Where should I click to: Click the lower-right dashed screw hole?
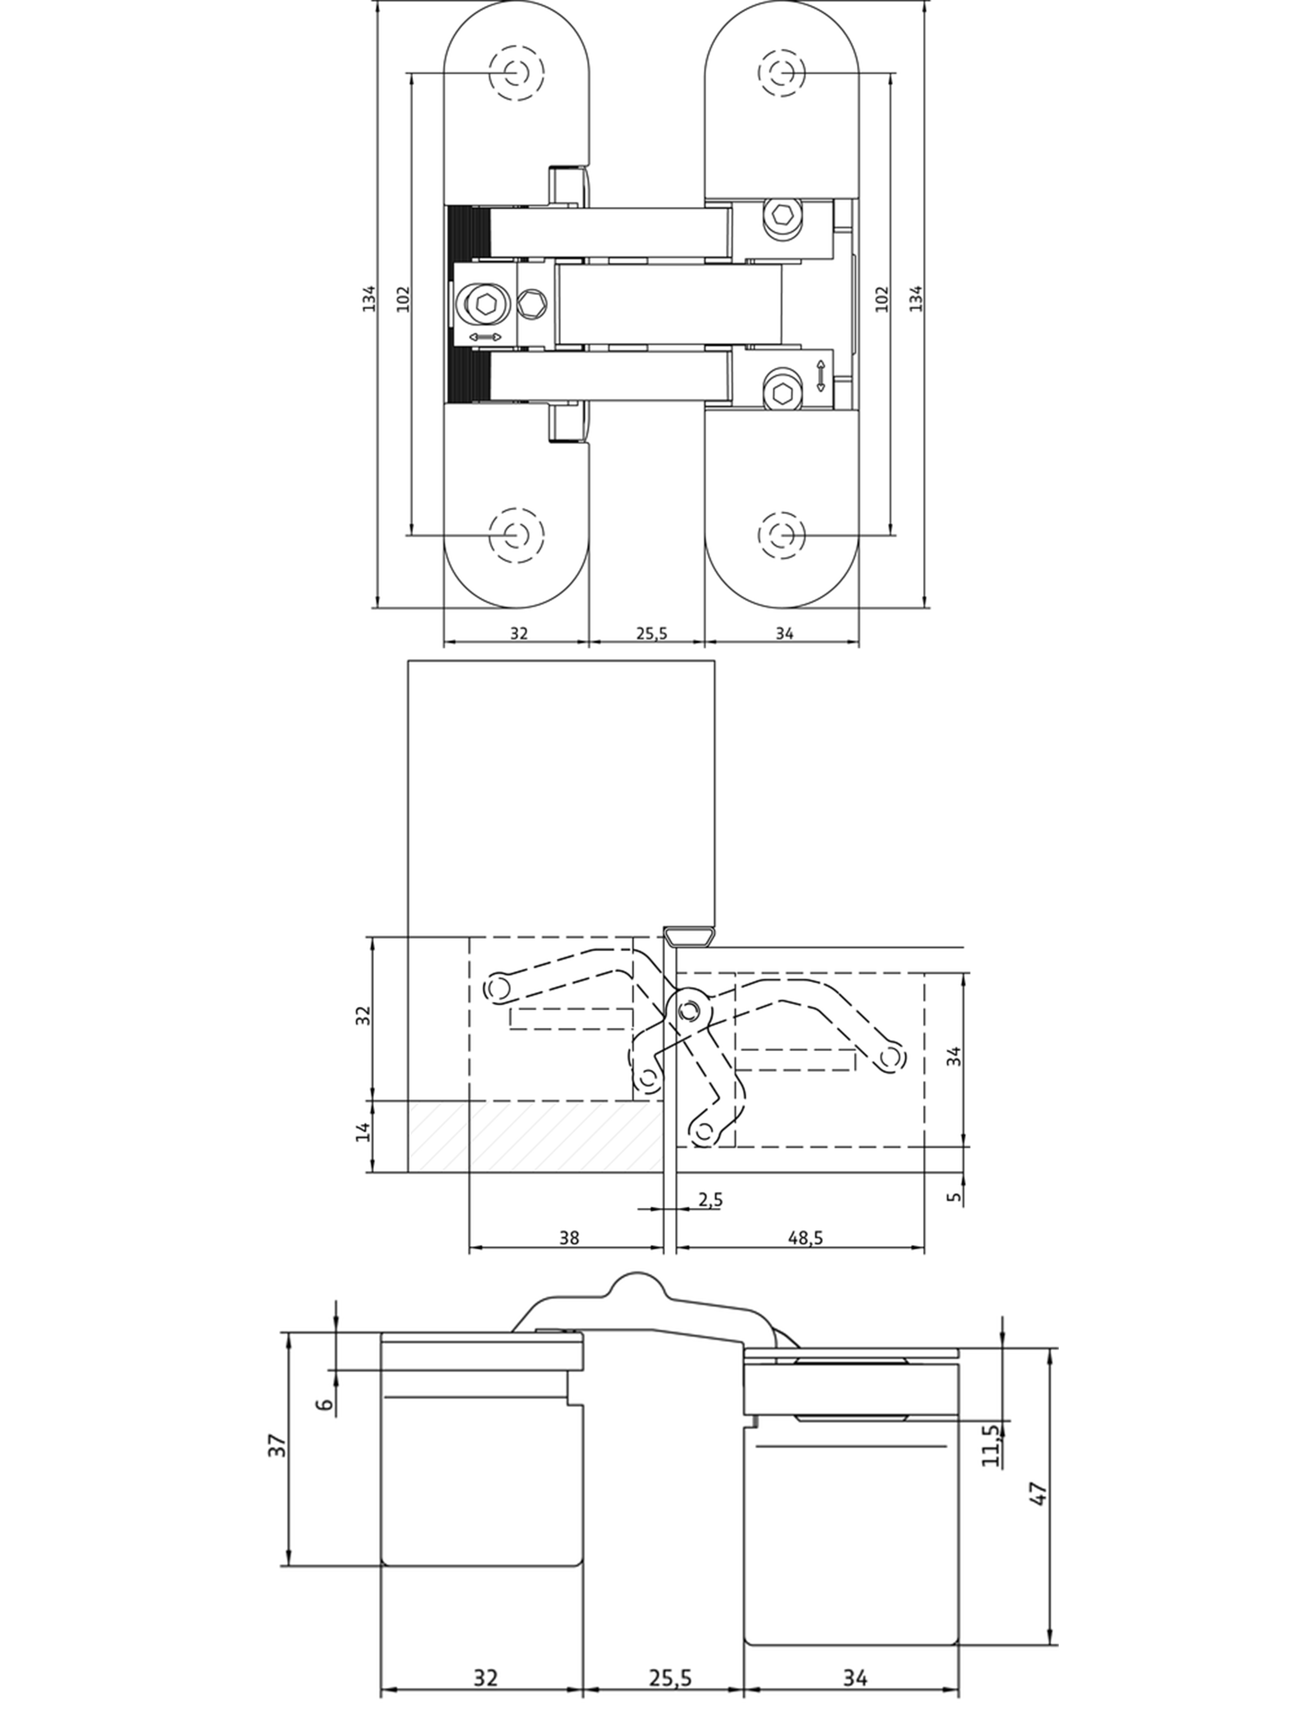coord(781,535)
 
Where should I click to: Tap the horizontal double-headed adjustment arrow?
coord(484,336)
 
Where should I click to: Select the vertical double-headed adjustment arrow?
coord(820,376)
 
